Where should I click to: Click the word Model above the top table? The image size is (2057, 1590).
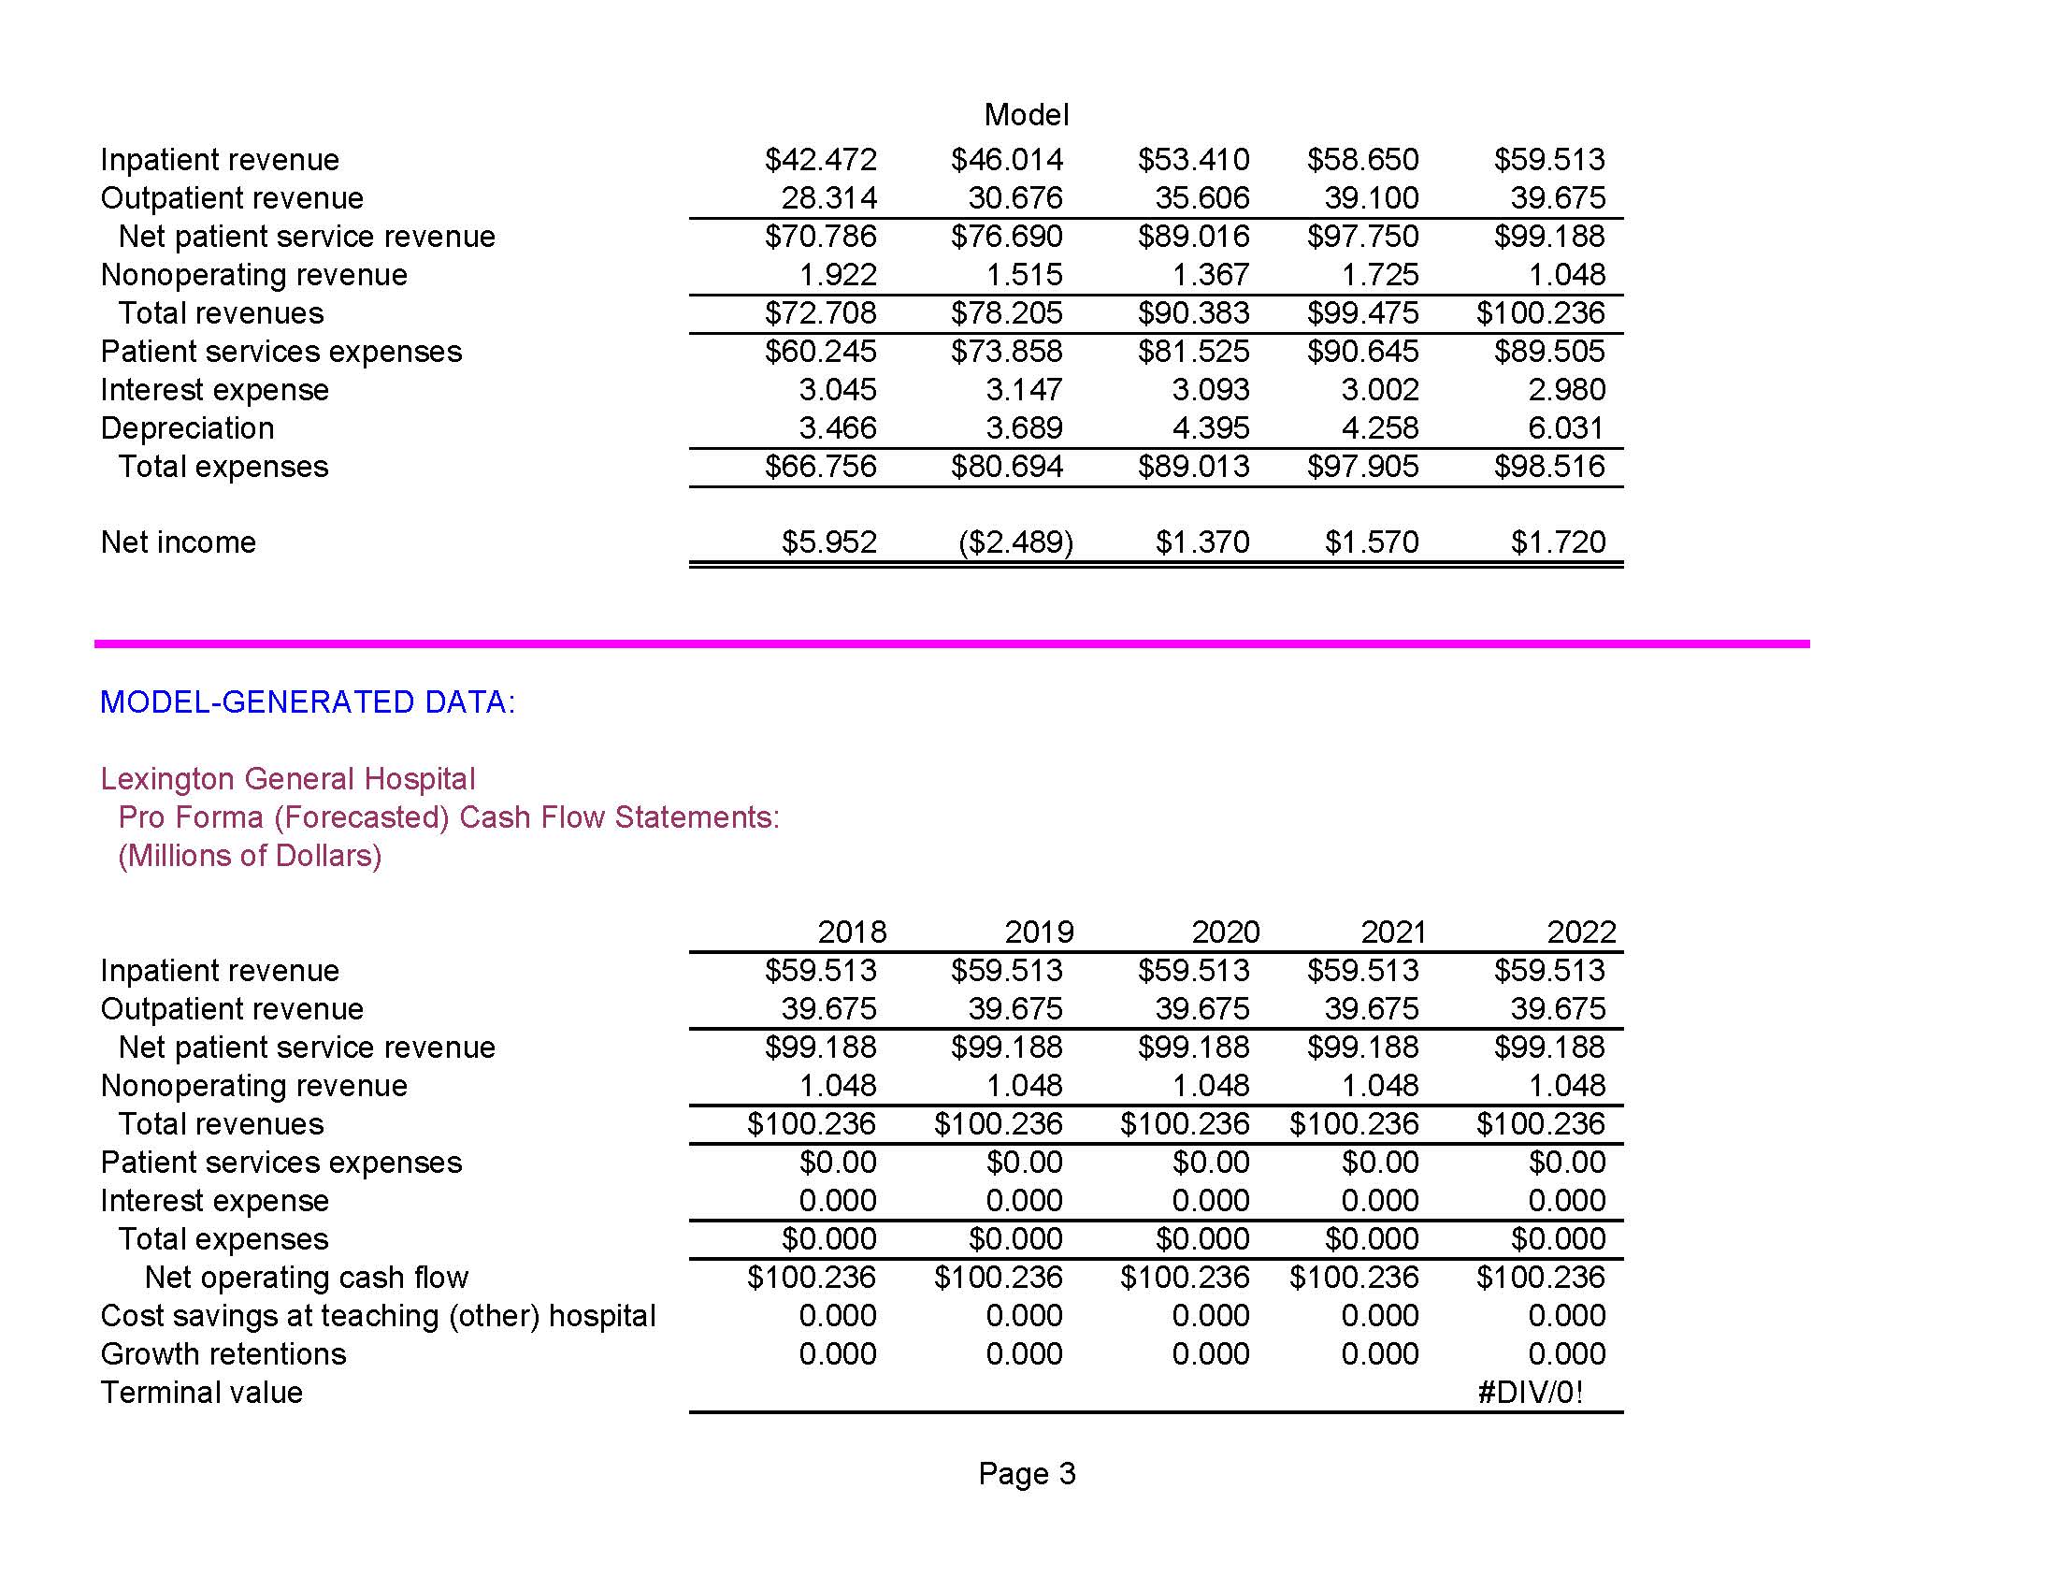pyautogui.click(x=1026, y=115)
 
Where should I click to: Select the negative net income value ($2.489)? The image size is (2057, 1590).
pyautogui.click(x=1015, y=542)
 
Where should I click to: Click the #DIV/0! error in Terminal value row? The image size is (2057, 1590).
pyautogui.click(x=1531, y=1393)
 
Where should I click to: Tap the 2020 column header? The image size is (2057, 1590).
pyautogui.click(x=1225, y=932)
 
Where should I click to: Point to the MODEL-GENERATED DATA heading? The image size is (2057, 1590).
pyautogui.click(x=307, y=701)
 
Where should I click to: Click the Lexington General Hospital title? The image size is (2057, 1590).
pyautogui.click(x=287, y=779)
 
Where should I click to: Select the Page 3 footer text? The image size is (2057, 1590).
pyautogui.click(x=1026, y=1473)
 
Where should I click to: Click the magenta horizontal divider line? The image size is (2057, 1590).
pyautogui.click(x=951, y=644)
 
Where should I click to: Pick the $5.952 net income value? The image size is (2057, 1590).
pyautogui.click(x=828, y=542)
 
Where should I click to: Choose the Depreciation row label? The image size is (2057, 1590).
pyautogui.click(x=187, y=428)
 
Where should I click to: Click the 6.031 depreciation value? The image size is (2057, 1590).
pyautogui.click(x=1565, y=428)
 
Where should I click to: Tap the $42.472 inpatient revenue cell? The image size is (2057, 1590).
pyautogui.click(x=820, y=160)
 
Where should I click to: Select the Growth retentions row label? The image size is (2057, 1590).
pyautogui.click(x=223, y=1354)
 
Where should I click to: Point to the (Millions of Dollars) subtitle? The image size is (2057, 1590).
pyautogui.click(x=250, y=855)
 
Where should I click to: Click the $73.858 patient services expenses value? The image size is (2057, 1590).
pyautogui.click(x=1006, y=352)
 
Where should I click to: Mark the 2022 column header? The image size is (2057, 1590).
pyautogui.click(x=1580, y=932)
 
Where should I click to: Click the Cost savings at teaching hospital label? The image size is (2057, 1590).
pyautogui.click(x=378, y=1316)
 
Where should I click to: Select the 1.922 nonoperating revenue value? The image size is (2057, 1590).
pyautogui.click(x=838, y=275)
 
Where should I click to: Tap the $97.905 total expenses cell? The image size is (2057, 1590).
pyautogui.click(x=1362, y=467)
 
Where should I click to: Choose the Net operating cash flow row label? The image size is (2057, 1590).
pyautogui.click(x=306, y=1278)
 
